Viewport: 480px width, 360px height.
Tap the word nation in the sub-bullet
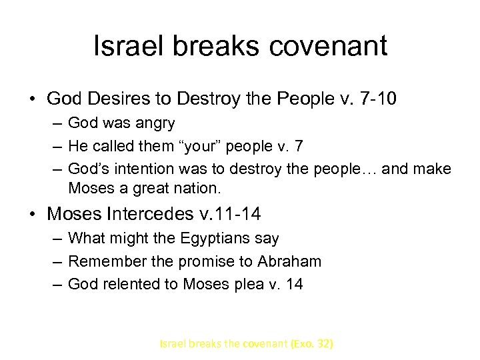(x=198, y=189)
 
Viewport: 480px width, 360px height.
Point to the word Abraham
(x=289, y=261)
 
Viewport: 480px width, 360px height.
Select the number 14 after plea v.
(x=295, y=284)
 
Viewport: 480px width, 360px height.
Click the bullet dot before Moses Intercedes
(x=33, y=215)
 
